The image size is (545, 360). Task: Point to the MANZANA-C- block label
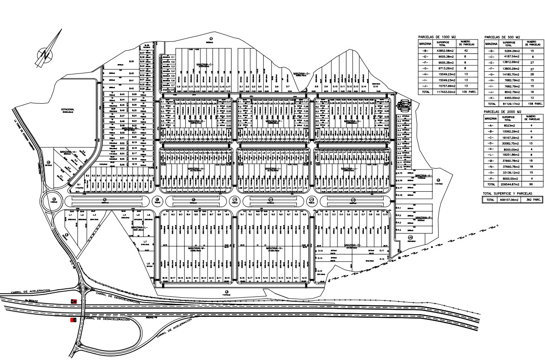[x=205, y=65]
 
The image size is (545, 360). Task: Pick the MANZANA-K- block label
[x=423, y=176]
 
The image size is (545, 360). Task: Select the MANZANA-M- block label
[x=199, y=248]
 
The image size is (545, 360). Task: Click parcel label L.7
[x=145, y=242]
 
